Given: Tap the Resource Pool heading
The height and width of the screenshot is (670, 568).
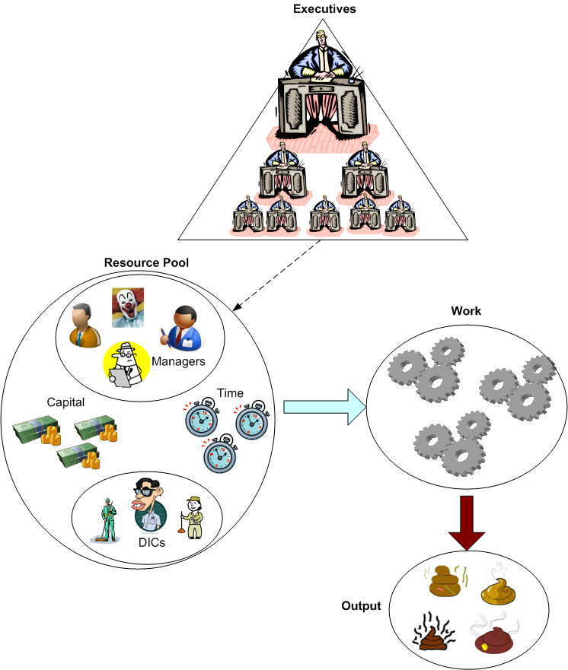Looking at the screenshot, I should (146, 262).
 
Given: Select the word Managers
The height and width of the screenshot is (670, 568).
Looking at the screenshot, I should (178, 361).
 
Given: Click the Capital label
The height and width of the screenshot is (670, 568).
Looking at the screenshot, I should (65, 401).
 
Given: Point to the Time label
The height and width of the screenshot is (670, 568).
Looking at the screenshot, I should (230, 392).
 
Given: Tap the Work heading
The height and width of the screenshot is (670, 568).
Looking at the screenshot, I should (465, 311).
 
